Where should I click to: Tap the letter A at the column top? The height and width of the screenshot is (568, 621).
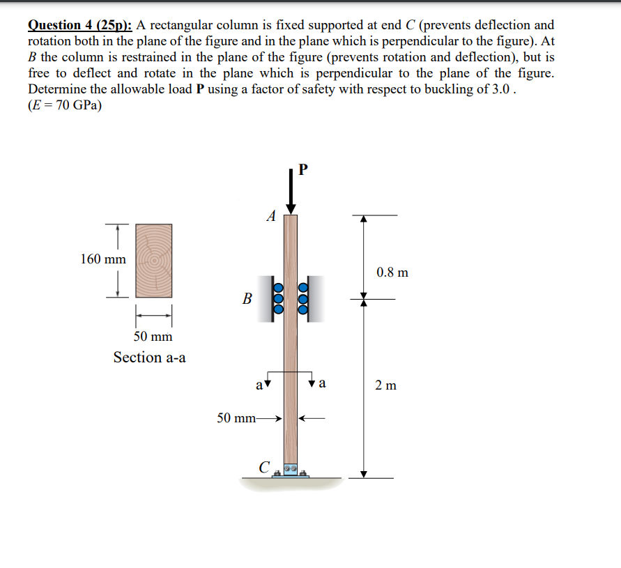click(x=271, y=216)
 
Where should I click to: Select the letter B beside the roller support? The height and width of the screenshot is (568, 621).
click(x=247, y=299)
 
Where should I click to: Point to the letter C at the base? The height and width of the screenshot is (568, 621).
click(x=263, y=467)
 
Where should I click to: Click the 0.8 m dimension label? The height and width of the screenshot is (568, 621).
click(x=392, y=272)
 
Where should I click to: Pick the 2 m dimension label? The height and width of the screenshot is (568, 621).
click(x=385, y=385)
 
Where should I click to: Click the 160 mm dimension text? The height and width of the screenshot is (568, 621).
click(x=103, y=259)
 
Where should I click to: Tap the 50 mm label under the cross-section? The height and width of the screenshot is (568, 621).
click(x=153, y=337)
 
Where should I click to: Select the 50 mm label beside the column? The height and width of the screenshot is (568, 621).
click(x=236, y=418)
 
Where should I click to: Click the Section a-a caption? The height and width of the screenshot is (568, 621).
click(x=150, y=358)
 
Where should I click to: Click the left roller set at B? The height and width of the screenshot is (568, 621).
click(x=277, y=298)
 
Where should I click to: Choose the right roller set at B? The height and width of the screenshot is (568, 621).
click(x=304, y=298)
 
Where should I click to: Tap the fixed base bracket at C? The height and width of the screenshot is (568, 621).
click(x=290, y=472)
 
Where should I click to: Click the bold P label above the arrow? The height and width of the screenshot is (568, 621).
click(x=302, y=170)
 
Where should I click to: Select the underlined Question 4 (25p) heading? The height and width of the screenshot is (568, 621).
click(x=80, y=26)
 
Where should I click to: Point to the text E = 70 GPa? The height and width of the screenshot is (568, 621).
click(x=64, y=106)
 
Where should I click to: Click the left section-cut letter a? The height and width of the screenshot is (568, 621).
click(x=259, y=383)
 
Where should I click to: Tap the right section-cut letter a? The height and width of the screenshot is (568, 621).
click(x=323, y=383)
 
